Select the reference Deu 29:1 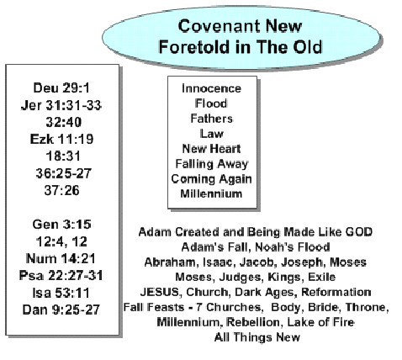pos(61,87)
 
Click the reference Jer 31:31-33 pos(61,105)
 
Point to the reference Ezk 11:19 pos(61,139)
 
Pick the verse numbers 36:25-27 pos(64,173)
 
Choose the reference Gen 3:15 pos(61,225)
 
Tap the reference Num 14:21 pos(61,258)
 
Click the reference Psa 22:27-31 pos(61,275)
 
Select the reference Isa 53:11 pos(61,293)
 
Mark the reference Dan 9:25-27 pos(61,310)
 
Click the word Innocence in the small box pos(211,88)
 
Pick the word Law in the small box pos(212,134)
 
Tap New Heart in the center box pos(211,149)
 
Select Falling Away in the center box pos(212,164)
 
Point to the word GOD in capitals pos(359,232)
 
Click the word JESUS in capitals pos(160,292)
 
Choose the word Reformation pos(336,292)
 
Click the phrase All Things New pos(257,337)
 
